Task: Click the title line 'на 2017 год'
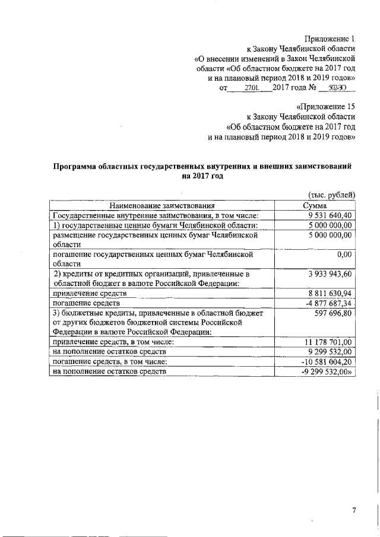tap(202, 176)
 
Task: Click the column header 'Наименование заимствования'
tap(162, 205)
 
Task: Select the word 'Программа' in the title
tap(75, 167)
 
